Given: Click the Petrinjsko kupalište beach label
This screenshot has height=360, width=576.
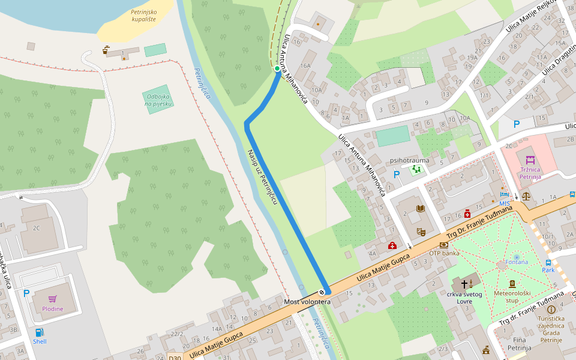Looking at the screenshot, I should (x=143, y=15).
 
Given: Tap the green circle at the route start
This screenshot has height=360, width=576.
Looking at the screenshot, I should (x=277, y=68).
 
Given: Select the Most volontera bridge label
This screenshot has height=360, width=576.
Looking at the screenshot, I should (x=307, y=301).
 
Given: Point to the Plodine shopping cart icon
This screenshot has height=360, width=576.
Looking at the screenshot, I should (x=53, y=298).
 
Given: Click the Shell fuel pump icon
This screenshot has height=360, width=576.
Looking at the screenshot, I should (x=39, y=332).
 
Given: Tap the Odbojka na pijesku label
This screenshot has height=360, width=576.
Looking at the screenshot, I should (x=158, y=100).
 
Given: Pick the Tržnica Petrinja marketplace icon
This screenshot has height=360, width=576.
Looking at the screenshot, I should (x=530, y=160).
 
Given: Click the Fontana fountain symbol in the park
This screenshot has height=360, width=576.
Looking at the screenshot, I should (x=517, y=257).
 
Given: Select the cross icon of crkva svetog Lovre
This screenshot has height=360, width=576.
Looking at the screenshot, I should (x=464, y=283).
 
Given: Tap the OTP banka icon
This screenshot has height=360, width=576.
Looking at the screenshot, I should (x=443, y=245).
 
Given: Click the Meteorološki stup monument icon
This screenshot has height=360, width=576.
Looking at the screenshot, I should (x=512, y=284).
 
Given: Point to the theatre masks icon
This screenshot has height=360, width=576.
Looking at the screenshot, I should (x=421, y=230).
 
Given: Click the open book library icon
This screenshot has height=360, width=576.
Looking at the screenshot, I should (x=421, y=208).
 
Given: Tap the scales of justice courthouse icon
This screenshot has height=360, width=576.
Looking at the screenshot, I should (x=526, y=195).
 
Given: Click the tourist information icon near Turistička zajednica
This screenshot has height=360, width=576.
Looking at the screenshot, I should (x=551, y=309).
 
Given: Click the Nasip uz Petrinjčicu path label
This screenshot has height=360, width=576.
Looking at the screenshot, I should (x=262, y=178).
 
